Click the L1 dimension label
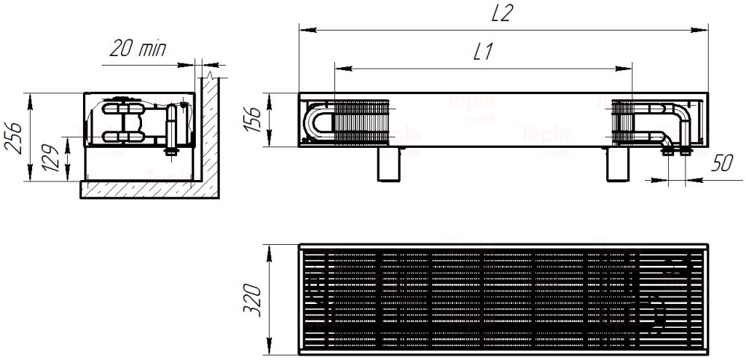pos(484,52)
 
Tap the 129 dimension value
pos(50,157)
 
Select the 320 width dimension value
pos(251,299)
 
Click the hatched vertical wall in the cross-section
pos(208,131)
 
